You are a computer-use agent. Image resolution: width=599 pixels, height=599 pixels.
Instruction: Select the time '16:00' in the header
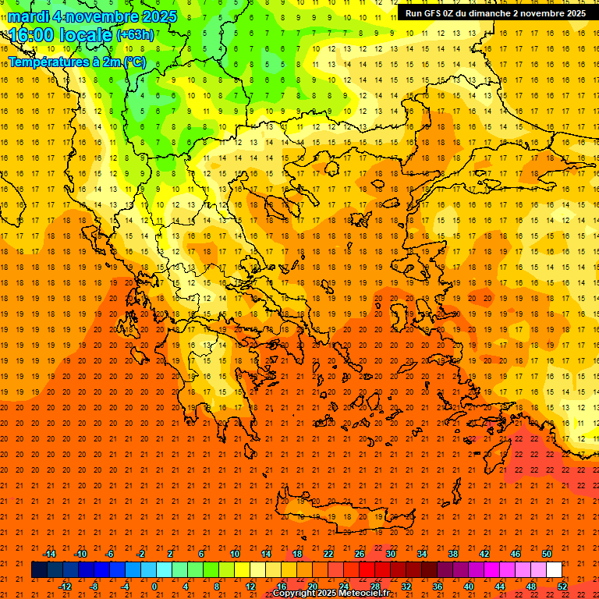click(x=32, y=36)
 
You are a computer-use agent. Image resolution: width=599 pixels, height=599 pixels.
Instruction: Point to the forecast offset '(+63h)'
click(x=134, y=35)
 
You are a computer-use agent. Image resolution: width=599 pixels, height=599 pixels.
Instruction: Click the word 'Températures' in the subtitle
click(x=46, y=62)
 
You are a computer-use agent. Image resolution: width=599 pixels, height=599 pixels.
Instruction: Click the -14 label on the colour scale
click(x=49, y=554)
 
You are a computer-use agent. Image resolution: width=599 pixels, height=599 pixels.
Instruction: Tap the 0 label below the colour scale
click(x=154, y=586)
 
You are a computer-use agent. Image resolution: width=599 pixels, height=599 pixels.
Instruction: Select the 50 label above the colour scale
click(x=546, y=554)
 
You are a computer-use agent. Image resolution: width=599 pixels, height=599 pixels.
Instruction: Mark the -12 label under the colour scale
click(x=65, y=586)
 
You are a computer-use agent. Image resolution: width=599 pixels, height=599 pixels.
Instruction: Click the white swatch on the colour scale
click(x=554, y=570)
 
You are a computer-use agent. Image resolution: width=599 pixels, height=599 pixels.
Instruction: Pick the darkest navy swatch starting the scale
click(x=39, y=570)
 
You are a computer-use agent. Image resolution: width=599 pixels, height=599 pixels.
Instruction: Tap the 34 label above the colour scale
click(x=421, y=554)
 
